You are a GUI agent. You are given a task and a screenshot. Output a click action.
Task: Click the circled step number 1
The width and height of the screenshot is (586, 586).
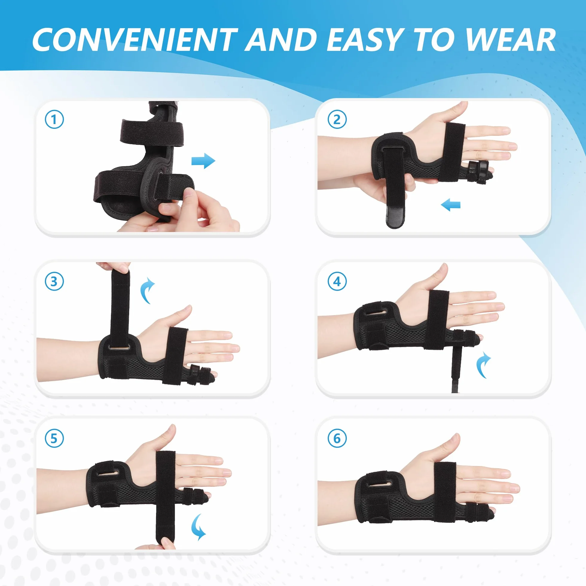point(54,120)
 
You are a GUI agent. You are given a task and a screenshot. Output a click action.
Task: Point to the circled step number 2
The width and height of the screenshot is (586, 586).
point(337,120)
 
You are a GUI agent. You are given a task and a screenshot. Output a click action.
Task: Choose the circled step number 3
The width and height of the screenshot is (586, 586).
point(54,281)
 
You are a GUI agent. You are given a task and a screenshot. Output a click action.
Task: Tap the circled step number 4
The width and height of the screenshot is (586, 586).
point(337,281)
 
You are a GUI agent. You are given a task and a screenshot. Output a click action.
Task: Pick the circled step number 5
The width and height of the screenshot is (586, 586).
point(54,438)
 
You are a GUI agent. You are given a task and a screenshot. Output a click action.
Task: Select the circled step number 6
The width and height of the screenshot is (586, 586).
point(337,438)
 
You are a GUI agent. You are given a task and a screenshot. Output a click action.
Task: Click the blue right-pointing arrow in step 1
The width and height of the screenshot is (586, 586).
point(203,161)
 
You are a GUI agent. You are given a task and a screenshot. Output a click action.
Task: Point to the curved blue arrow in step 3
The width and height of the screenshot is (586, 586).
point(146,290)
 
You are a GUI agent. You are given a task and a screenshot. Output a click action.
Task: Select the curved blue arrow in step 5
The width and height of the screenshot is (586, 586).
point(198,527)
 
